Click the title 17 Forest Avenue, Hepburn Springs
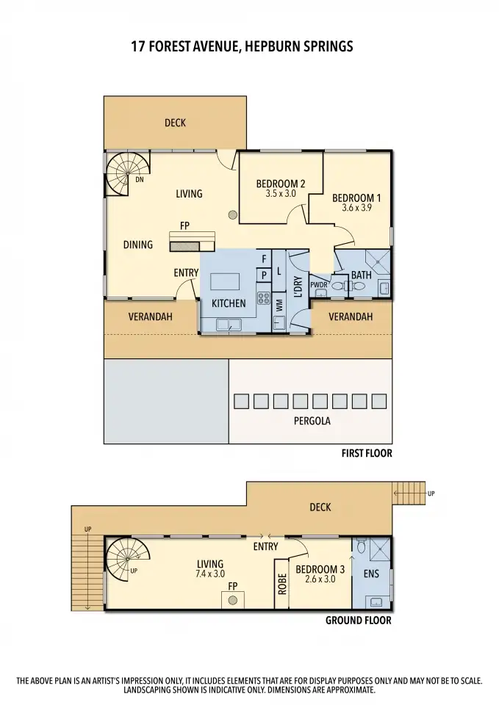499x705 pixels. coord(242,46)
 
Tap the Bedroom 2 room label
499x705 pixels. coord(280,184)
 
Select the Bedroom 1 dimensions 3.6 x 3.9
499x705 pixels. coord(356,209)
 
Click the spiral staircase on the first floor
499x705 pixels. coord(121,175)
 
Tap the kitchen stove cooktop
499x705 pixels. coord(263,299)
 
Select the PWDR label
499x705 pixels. coord(317,284)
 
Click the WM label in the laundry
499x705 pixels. coord(279,305)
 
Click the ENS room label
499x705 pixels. coord(371,574)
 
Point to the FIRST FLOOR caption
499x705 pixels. coord(366,454)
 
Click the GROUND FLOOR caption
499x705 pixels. coord(358,621)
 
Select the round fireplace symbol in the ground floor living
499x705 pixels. coord(233,600)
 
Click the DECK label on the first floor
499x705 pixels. coord(175,123)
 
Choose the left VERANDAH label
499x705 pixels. coord(150,317)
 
